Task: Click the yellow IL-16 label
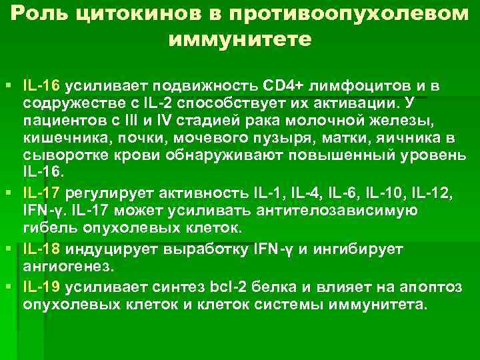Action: pyautogui.click(x=41, y=87)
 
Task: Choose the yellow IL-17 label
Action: pyautogui.click(x=41, y=193)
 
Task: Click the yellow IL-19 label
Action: pyautogui.click(x=41, y=288)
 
